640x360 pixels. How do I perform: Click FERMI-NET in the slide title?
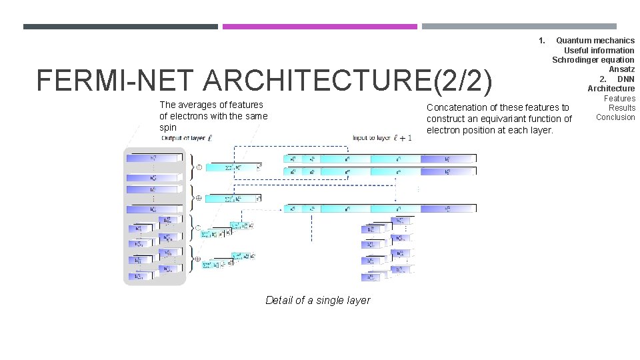(x=117, y=81)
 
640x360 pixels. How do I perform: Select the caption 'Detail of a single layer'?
(x=317, y=300)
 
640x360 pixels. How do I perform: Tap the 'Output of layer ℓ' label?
(x=187, y=138)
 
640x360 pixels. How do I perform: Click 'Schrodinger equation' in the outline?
(x=593, y=60)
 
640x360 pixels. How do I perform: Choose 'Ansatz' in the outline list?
(x=621, y=69)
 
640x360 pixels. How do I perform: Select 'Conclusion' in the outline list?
(x=615, y=117)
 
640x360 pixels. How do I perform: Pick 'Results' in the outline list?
(x=622, y=107)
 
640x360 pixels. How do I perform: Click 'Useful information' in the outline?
(x=599, y=50)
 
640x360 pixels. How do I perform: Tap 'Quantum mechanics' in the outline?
(x=595, y=41)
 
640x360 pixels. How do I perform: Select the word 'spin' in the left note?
(x=168, y=127)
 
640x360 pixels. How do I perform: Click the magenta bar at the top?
(x=319, y=27)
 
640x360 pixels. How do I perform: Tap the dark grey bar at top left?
(x=120, y=27)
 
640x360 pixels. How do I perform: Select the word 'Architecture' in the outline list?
(x=611, y=89)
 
